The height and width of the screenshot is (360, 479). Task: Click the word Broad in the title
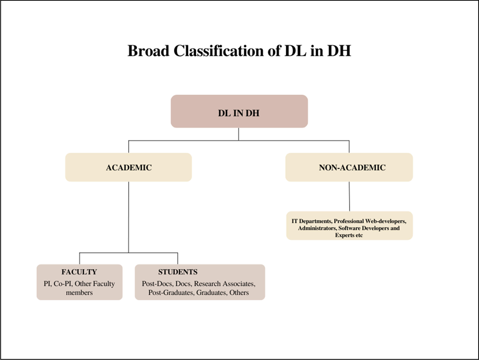pos(148,51)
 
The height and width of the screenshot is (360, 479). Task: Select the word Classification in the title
pos(219,51)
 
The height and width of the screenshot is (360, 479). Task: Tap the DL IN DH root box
pos(239,111)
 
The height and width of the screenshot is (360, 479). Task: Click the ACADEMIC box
pos(129,167)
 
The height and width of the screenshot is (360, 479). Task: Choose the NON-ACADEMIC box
pos(349,167)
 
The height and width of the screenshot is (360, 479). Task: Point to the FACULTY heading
pos(79,272)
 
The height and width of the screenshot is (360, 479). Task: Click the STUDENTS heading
pos(178,272)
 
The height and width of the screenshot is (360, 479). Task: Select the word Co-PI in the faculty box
pos(63,284)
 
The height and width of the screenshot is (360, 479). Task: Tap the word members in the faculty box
pos(79,293)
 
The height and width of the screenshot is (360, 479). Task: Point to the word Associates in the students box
pos(239,284)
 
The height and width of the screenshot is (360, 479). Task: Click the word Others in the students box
pos(239,293)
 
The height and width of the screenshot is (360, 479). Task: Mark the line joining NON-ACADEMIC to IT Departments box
pos(349,197)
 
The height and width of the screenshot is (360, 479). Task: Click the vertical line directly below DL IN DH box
pos(239,134)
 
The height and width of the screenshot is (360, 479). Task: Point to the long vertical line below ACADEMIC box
pos(129,217)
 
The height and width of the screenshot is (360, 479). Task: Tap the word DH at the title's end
pos(339,51)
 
